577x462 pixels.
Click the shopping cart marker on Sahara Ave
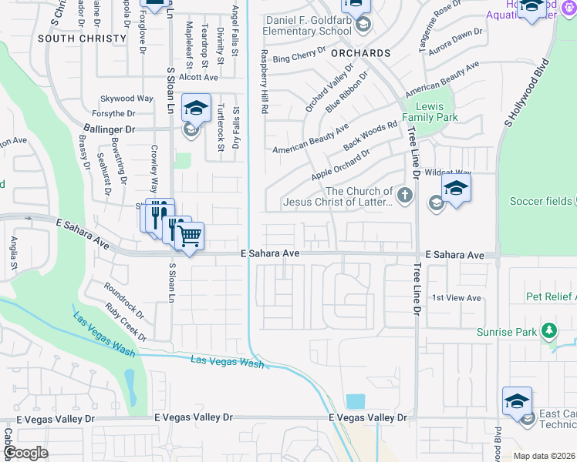[189, 235]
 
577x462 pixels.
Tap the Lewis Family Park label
[437, 112]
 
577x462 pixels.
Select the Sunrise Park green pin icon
[548, 331]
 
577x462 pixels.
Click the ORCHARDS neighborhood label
[360, 53]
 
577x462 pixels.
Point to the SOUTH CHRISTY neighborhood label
[82, 38]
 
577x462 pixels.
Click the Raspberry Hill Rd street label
[264, 82]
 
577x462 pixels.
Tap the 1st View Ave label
[456, 298]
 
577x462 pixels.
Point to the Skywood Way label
[127, 99]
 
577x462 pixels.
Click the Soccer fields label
[541, 201]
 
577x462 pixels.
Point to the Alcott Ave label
[198, 77]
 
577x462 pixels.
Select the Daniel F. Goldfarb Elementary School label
[309, 25]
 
